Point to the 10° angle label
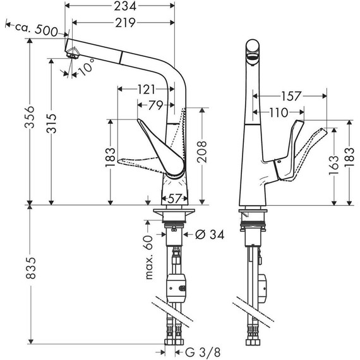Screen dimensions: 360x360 [x=86, y=68]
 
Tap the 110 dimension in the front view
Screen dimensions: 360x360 [x=275, y=112]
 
